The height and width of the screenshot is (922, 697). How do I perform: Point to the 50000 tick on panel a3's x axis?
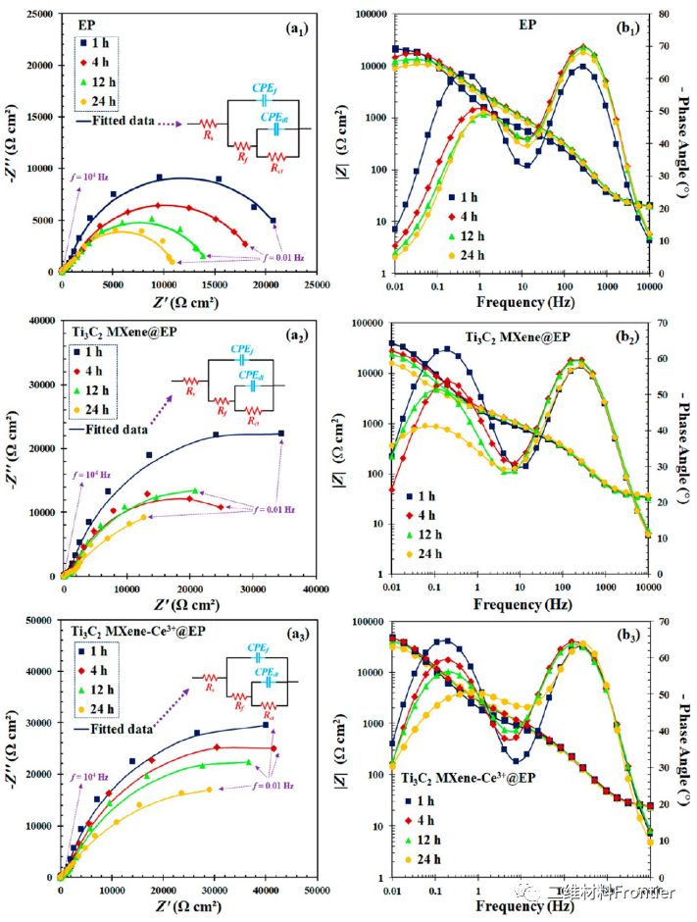pos(316,890)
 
